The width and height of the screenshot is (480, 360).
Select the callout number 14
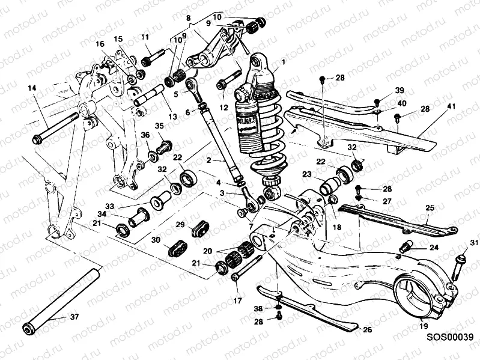tap(31, 88)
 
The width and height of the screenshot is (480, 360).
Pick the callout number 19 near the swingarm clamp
tap(424, 326)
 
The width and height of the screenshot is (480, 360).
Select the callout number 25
tap(430, 207)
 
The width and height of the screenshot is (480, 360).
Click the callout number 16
tap(99, 43)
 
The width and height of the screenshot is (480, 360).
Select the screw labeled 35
tap(163, 146)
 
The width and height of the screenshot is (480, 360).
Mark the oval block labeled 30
tap(179, 248)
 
